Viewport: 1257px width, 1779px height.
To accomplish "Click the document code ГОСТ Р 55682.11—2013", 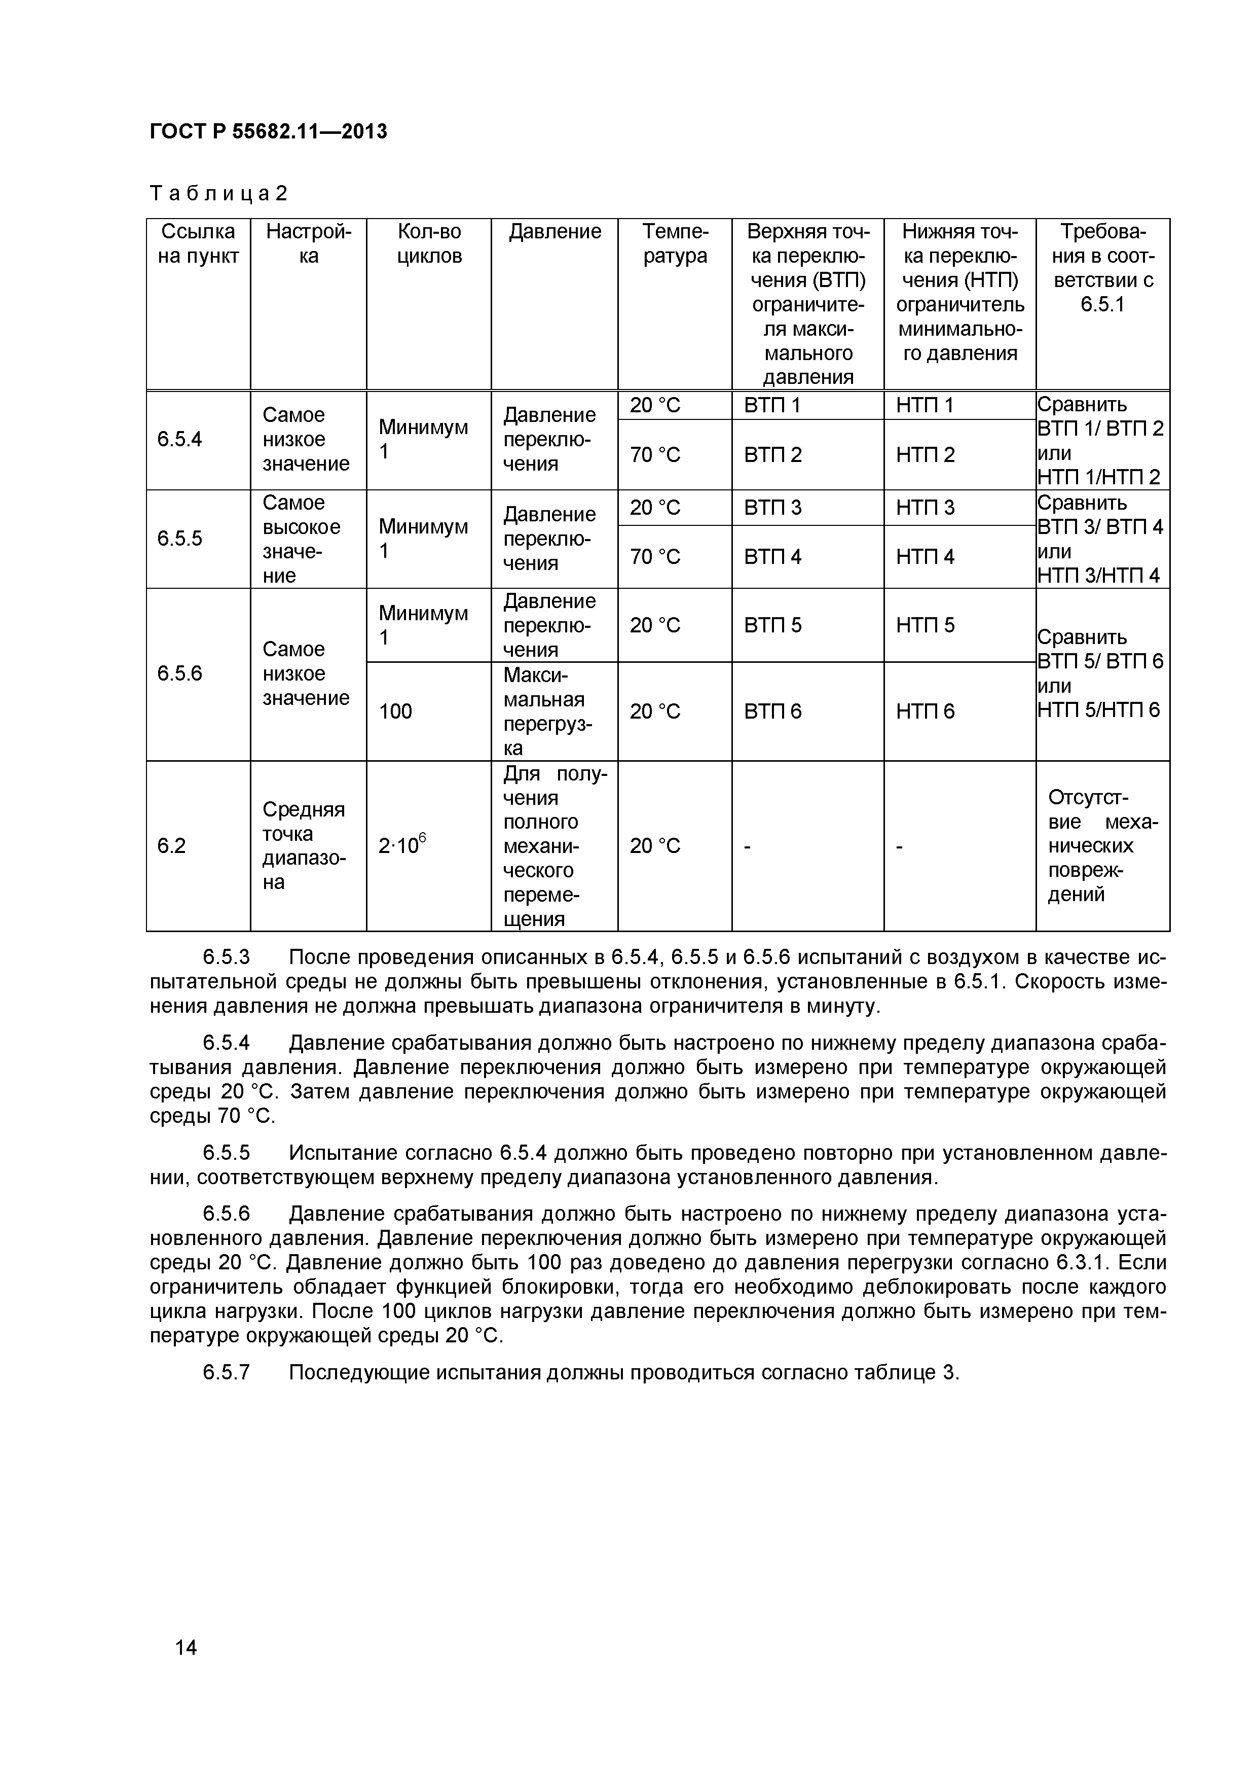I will pos(268,132).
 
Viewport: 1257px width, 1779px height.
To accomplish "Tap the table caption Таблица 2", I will pos(218,193).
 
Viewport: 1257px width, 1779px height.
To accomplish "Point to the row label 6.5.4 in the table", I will pos(180,439).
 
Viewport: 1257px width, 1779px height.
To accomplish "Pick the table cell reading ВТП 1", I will pos(771,405).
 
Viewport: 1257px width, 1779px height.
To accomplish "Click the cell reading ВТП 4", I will pos(772,557).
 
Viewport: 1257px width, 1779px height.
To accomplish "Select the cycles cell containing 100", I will pos(396,711).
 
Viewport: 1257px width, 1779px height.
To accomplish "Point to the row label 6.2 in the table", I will pos(172,846).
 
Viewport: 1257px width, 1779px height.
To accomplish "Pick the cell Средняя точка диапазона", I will pos(304,846).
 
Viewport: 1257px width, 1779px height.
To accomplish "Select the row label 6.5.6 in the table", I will pos(180,674).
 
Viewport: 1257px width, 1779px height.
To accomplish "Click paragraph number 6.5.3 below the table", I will pos(226,958).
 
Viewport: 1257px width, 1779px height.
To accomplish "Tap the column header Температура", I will pos(675,243).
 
